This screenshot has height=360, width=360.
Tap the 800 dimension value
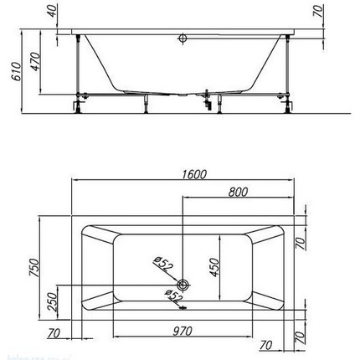[x=239, y=192]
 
